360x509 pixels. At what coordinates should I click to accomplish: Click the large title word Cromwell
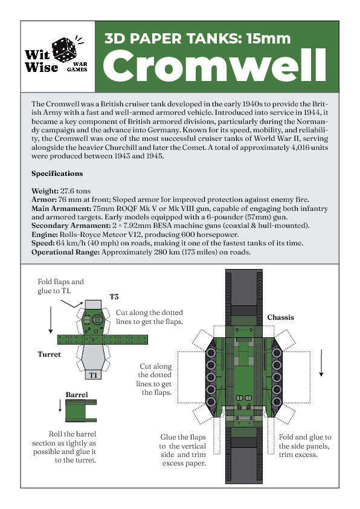(x=214, y=66)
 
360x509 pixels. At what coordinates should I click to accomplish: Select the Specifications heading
(x=57, y=173)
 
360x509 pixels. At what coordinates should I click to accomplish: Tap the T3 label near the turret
(x=114, y=296)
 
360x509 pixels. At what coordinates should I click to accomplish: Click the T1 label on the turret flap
(x=93, y=375)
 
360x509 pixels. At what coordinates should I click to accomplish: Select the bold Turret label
(x=49, y=354)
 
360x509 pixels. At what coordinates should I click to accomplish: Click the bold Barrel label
(x=77, y=395)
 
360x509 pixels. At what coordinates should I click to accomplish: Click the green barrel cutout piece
(x=81, y=411)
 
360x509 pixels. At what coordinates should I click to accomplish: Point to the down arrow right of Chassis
(x=321, y=362)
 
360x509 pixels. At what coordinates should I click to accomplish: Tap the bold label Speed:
(x=43, y=243)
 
